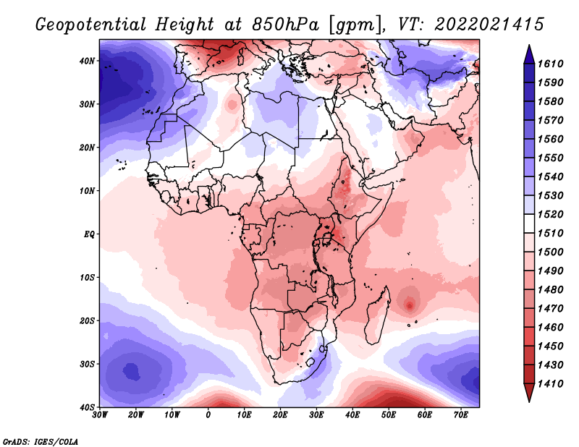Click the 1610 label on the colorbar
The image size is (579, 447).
pos(550,64)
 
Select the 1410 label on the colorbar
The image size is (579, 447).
pos(550,384)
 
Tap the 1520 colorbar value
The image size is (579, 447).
pos(550,214)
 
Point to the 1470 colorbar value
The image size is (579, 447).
pos(550,309)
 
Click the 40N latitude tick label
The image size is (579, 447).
pos(87,61)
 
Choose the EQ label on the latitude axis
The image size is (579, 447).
pos(89,234)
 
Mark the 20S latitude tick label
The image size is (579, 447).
pos(87,320)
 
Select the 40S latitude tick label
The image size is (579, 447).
pos(87,407)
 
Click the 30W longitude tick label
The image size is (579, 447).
pos(100,415)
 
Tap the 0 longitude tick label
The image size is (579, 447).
pos(208,415)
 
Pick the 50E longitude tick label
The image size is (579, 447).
pos(389,415)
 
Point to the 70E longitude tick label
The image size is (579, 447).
pos(461,415)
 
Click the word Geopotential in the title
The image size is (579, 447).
pos(91,25)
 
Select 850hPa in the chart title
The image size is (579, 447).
pos(285,25)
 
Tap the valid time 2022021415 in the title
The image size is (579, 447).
pos(489,25)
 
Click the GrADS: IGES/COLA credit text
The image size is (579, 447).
pos(41,442)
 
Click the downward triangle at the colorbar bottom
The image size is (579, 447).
pos(529,393)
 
